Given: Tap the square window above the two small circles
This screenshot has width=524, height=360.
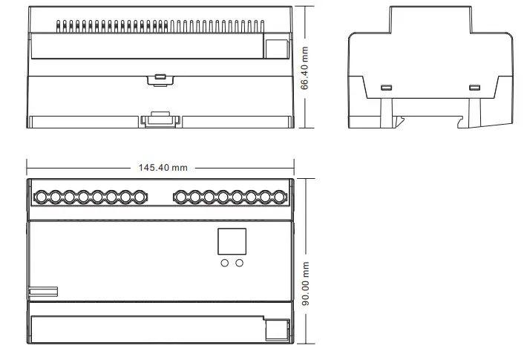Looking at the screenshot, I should coord(232,241).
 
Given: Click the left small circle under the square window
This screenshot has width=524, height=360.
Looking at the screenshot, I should coord(225,262).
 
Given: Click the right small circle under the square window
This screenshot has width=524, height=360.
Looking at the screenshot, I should coord(240,262).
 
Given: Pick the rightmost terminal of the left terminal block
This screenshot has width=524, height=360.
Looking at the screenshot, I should coord(139,197).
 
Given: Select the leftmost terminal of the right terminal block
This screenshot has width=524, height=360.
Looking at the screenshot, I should coord(180,197).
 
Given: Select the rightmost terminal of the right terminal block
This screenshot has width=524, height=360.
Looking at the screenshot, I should coord(279,197).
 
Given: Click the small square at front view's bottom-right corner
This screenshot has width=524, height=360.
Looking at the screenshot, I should coord(276,330).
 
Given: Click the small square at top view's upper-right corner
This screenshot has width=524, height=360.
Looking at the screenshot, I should coord(276,48).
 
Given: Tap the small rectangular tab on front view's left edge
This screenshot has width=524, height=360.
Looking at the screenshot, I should coord(43,292).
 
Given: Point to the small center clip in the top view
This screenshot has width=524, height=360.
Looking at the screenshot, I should coord(160,76).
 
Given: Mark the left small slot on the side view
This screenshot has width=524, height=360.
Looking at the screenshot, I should coord(386,88).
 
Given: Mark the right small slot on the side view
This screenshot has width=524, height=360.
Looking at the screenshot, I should coord(474,88).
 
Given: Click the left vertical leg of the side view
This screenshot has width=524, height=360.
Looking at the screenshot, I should coord(386,111).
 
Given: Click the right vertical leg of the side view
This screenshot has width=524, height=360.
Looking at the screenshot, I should coord(474,111).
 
